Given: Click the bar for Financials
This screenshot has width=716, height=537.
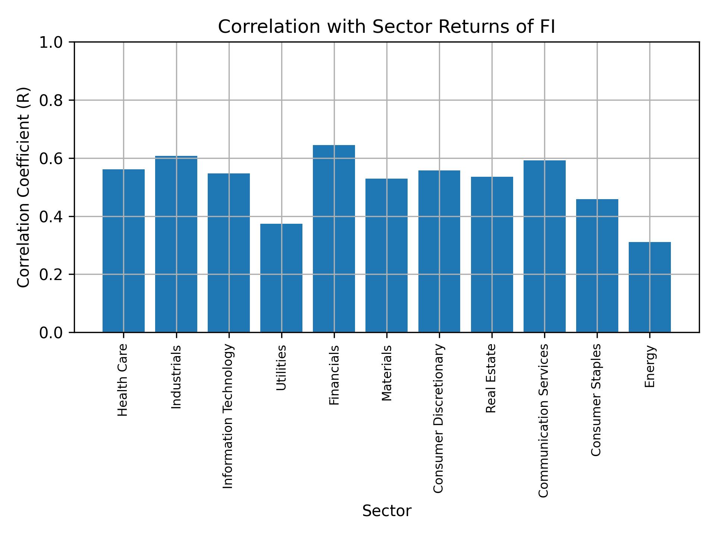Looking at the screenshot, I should coord(334,239).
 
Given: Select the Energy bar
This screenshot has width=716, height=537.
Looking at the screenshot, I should coord(650,287).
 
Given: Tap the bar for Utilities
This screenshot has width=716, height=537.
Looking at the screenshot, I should coord(281,278).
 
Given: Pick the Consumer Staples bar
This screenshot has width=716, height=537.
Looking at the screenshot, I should coord(597,266).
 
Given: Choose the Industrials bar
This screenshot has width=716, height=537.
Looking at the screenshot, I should coord(176,244).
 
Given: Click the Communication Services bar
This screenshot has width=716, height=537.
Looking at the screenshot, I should coord(544,246).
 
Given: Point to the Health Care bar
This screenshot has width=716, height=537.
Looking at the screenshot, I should coord(123,251).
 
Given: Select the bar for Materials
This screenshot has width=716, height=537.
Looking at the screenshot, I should coord(386,255).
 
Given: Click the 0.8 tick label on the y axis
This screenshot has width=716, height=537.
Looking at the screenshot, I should coord(51,101).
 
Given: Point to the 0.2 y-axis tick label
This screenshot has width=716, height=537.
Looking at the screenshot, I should coord(51,275).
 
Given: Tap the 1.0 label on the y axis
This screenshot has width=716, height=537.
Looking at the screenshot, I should coord(51,43).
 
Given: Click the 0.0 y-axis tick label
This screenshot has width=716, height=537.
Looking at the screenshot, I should coord(51,333).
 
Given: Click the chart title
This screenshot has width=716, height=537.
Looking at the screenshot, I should coord(386,27).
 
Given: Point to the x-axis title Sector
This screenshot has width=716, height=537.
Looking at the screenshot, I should coord(386,511).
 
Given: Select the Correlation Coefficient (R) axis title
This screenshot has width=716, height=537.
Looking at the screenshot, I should coord(23,187).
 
